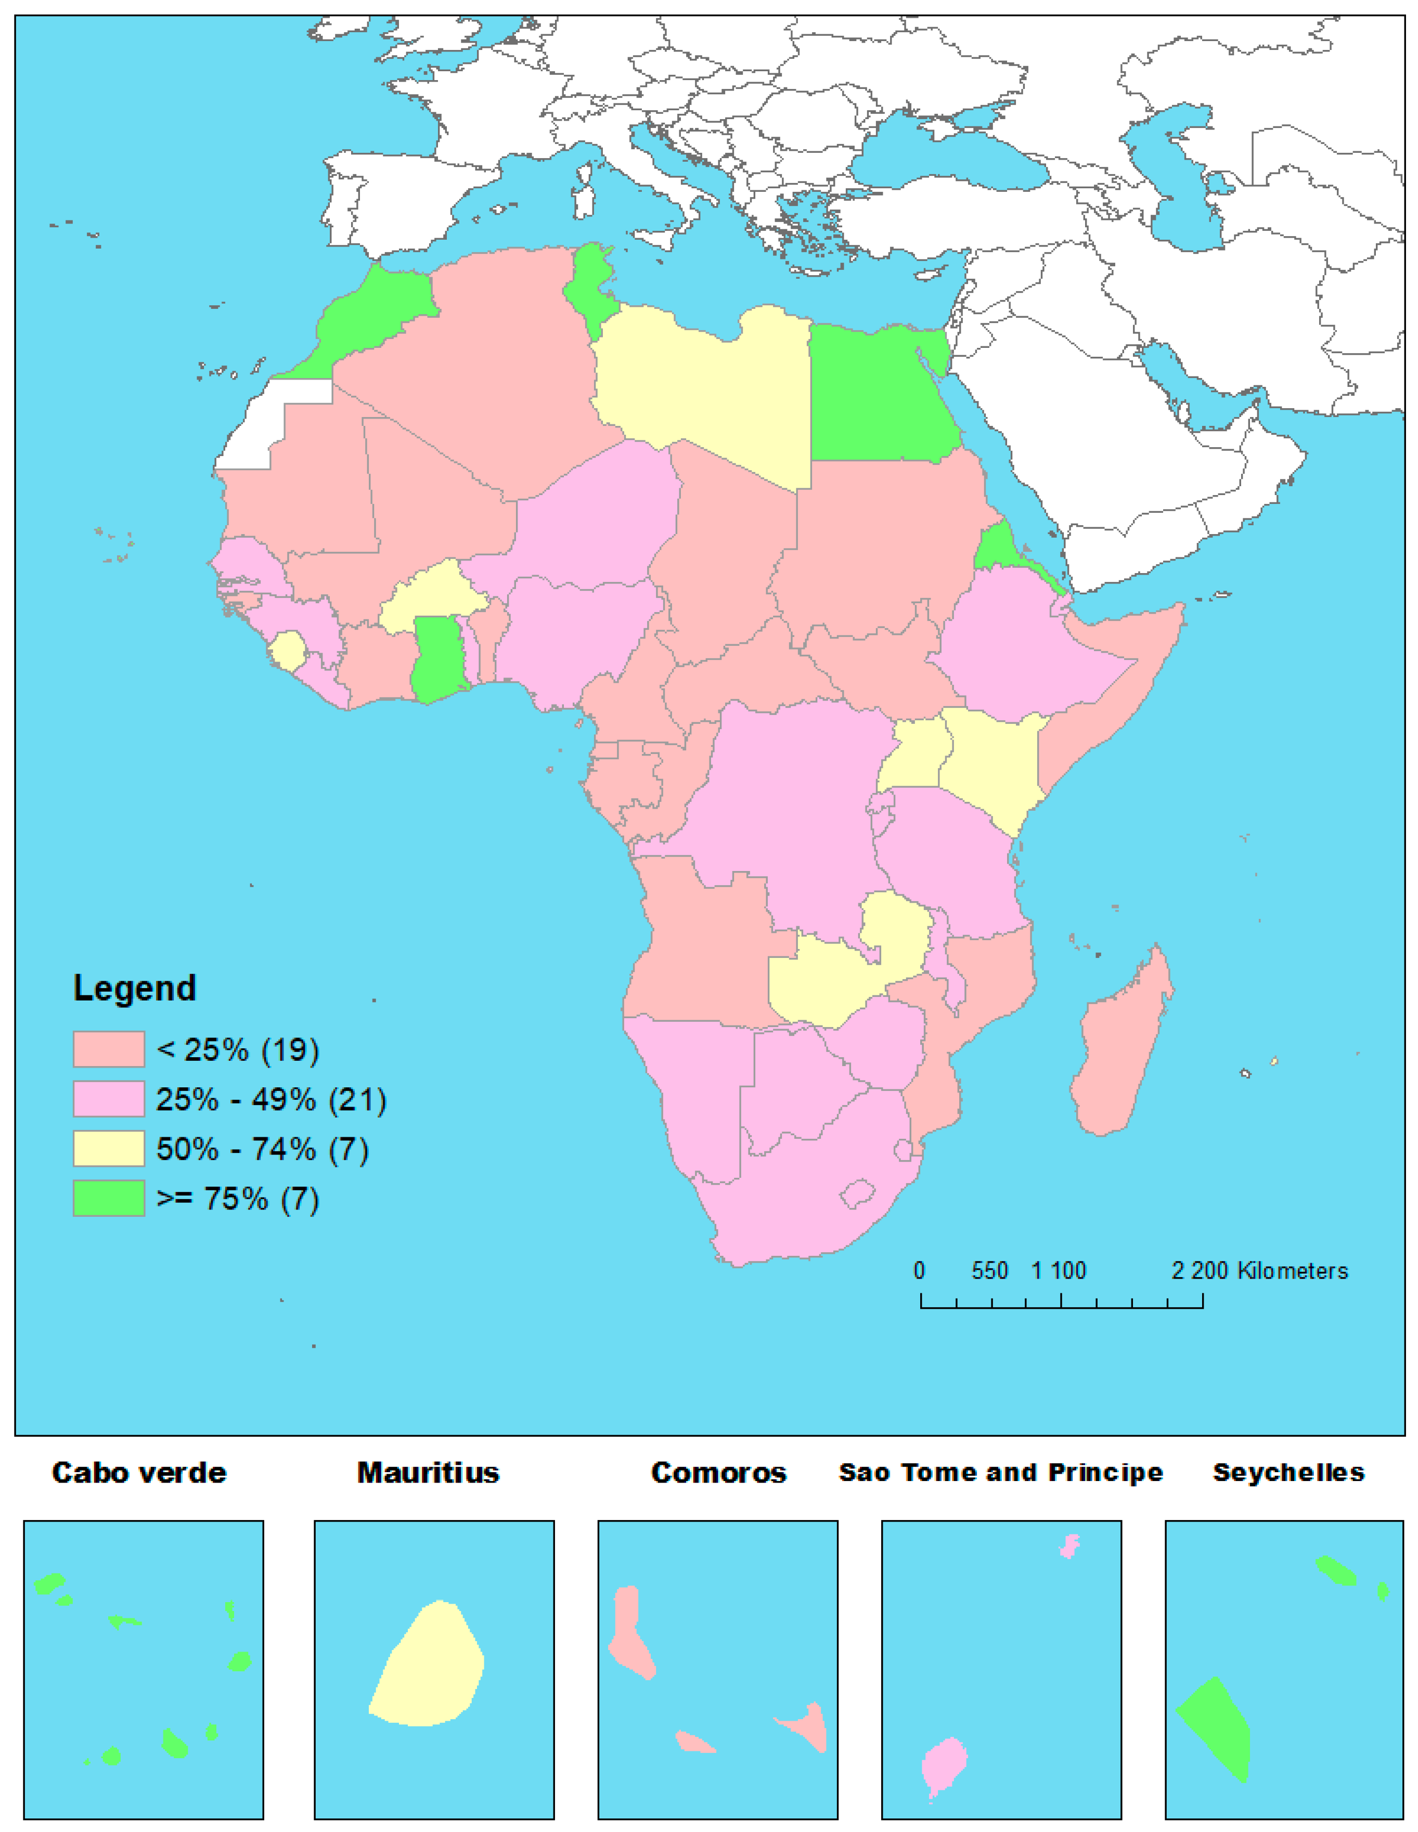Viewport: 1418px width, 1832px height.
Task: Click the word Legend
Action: pos(134,988)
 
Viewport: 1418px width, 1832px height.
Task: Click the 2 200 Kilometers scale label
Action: pos(1259,1271)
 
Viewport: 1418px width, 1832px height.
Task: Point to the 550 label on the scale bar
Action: pos(989,1271)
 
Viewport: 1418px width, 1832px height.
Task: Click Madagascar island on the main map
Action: pos(1120,1048)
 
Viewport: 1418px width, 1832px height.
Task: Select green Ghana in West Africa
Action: pos(436,658)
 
